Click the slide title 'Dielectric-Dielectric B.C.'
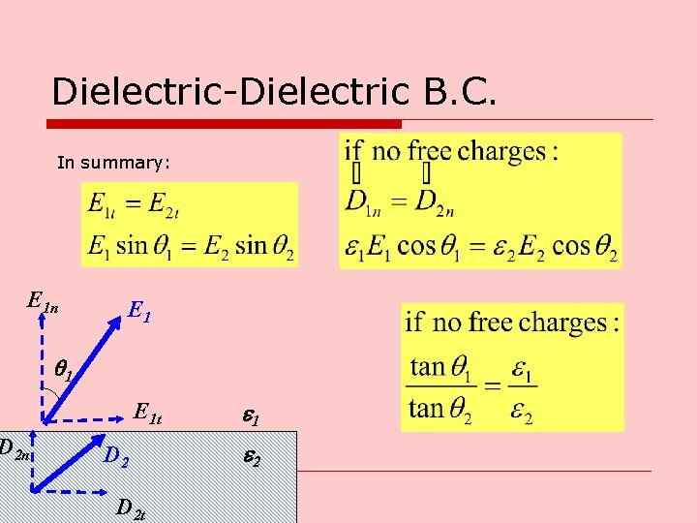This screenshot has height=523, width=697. [x=275, y=92]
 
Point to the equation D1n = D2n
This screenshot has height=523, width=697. [x=399, y=205]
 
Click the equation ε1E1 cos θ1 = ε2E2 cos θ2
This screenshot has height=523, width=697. [x=481, y=246]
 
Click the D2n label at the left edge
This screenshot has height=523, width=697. [x=15, y=447]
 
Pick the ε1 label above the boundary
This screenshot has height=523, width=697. [x=249, y=418]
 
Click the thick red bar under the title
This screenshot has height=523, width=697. [x=225, y=124]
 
